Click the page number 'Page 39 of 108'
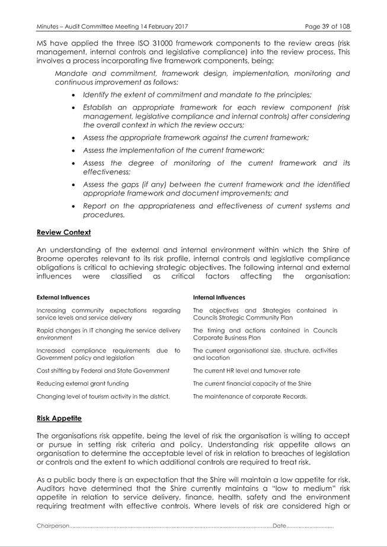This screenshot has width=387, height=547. [327, 27]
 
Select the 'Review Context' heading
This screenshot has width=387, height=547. [63, 232]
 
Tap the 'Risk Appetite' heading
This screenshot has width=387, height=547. [59, 418]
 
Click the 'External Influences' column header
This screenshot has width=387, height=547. [63, 298]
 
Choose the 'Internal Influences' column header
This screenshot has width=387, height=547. [219, 298]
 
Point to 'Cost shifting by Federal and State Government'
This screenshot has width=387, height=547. [103, 371]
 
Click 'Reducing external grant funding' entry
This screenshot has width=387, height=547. [82, 384]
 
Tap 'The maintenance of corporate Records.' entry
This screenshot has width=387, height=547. [250, 396]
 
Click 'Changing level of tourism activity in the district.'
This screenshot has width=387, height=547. [104, 396]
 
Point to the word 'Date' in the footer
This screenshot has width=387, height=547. [280, 526]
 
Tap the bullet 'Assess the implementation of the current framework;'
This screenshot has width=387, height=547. [174, 151]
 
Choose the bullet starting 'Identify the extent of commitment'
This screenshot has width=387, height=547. [197, 95]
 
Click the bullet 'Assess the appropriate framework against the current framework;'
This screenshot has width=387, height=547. [196, 137]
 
